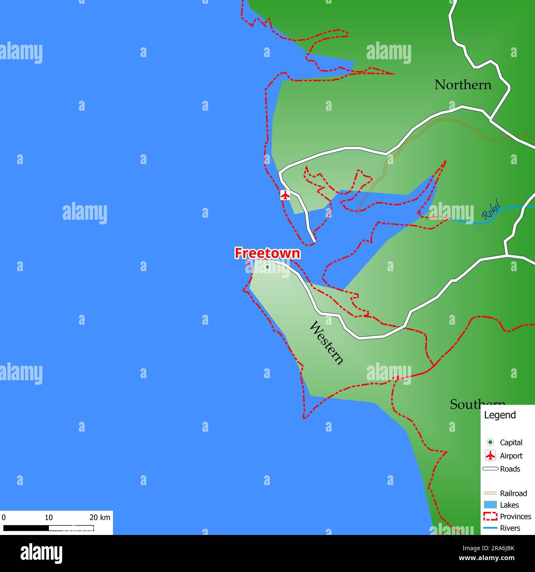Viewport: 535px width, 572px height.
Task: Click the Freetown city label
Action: coord(267,253)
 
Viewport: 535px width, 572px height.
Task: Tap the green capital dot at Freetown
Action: coord(267,267)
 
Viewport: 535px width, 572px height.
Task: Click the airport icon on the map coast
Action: coord(285,195)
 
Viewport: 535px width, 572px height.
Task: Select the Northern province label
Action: coord(463,85)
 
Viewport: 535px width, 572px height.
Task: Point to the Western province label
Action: coord(326,343)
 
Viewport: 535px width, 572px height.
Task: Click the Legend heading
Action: coord(500,415)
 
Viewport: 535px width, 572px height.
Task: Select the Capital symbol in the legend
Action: coord(490,442)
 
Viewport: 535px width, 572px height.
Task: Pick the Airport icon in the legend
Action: coord(490,456)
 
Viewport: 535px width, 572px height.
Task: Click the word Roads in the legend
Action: coord(510,469)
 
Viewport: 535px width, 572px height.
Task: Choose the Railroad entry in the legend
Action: coord(513,493)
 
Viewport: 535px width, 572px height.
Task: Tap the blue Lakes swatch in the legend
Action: coord(490,505)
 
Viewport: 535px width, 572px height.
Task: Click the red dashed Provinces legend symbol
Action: coord(490,516)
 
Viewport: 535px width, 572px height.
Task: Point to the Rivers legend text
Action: coord(510,528)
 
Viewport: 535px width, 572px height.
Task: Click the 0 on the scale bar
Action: coord(4,518)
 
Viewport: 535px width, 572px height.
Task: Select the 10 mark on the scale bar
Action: coord(49,518)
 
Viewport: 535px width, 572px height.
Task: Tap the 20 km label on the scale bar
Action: coord(100,518)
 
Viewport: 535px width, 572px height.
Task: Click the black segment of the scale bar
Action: coord(26,528)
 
